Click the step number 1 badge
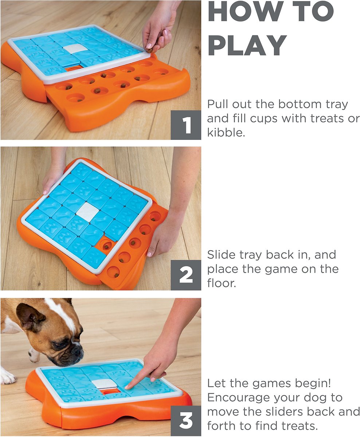click(x=186, y=125)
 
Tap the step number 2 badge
click(x=186, y=275)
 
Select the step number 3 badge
click(x=186, y=421)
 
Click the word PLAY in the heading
click(x=247, y=45)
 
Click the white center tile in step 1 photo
click(x=75, y=49)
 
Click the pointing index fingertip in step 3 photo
click(x=127, y=387)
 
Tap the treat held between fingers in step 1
click(x=149, y=50)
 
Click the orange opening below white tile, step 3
click(x=110, y=391)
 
